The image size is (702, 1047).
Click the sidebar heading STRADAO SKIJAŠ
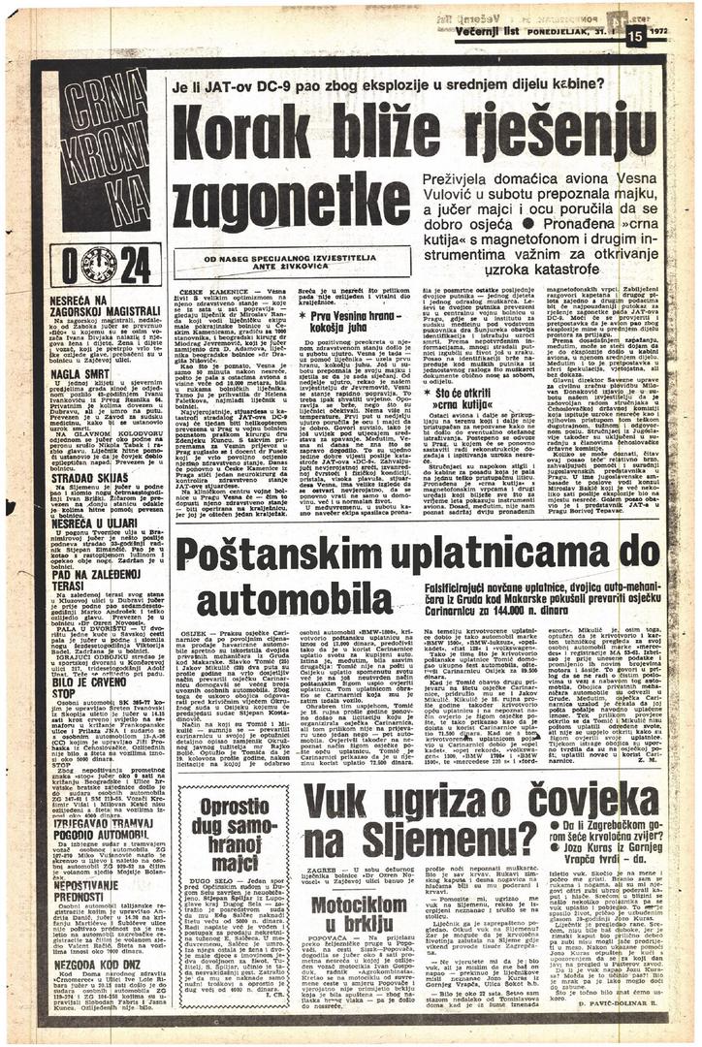[x=79, y=476]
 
